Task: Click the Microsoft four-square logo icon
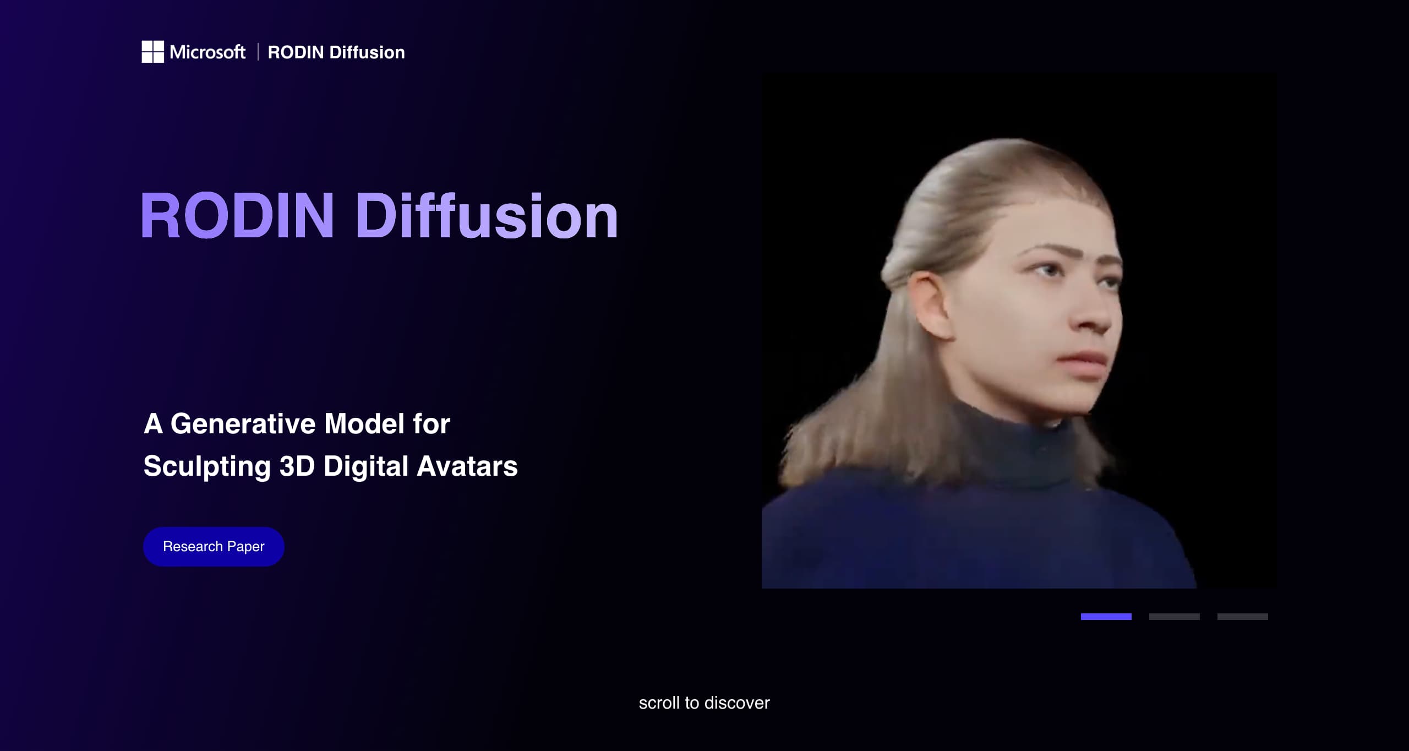pos(152,52)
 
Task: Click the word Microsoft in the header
pos(207,52)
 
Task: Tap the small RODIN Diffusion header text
pos(336,53)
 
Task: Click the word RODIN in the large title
pos(237,216)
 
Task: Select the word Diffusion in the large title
pos(487,216)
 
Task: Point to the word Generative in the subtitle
pos(243,424)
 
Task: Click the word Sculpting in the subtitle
pos(207,466)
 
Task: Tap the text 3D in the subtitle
pos(297,466)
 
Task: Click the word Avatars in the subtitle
pos(467,466)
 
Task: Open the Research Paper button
pos(214,547)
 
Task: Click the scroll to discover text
pos(704,703)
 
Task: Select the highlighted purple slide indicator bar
pos(1106,617)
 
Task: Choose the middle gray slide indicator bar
pos(1174,617)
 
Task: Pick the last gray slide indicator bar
pos(1242,617)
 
